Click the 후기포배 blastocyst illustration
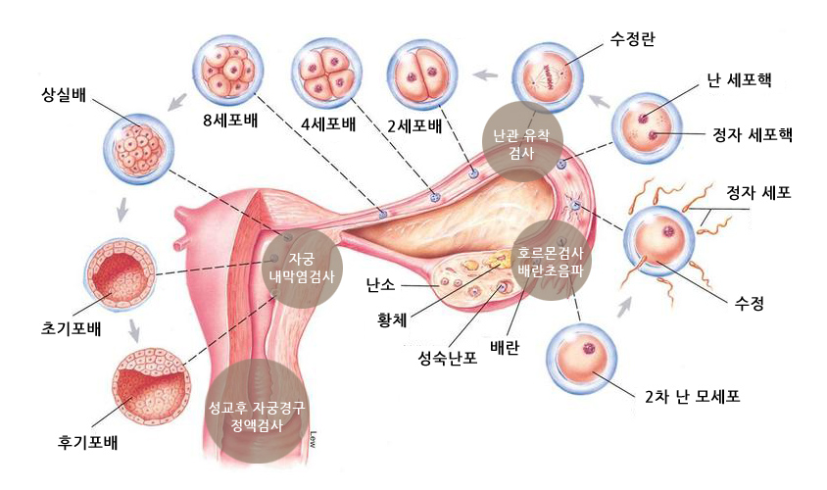[x=149, y=380]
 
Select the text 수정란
[x=632, y=40]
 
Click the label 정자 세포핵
[x=752, y=135]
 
